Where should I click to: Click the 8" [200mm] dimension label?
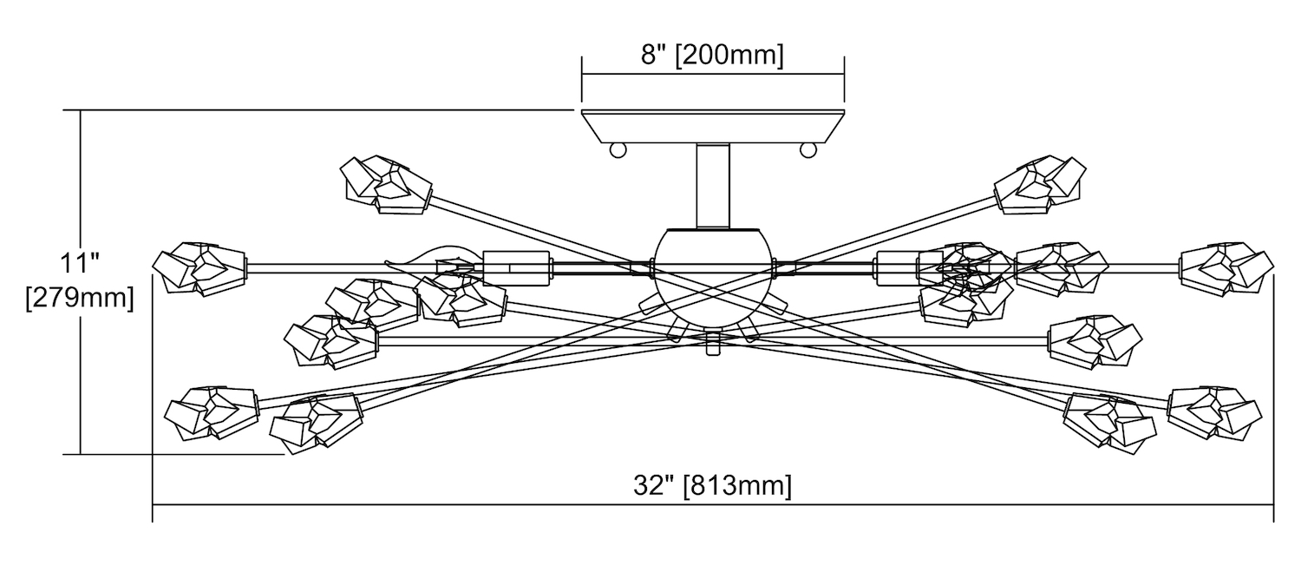point(712,56)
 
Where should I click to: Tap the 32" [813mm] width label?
point(712,485)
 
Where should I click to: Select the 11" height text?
point(80,263)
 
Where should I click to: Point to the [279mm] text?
point(80,298)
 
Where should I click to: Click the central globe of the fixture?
point(713,279)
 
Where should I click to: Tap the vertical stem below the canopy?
point(713,185)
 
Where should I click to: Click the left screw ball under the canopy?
point(618,150)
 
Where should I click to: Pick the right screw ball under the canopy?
point(807,150)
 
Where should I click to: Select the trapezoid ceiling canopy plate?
point(713,126)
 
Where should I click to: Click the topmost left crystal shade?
point(386,185)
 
